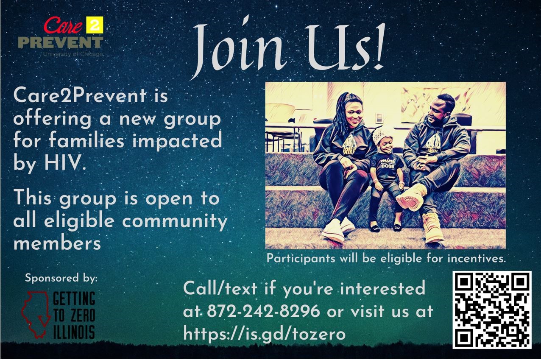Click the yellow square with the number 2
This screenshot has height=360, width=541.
pos(95,25)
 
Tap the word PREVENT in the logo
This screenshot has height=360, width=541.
pos(61,42)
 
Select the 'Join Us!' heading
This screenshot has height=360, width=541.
pos(288,48)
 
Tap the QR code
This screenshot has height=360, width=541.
pos(491,310)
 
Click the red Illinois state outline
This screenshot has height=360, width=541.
pos(35,315)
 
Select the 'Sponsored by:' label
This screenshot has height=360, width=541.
pos(61,278)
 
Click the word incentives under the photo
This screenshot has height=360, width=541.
pos(476,259)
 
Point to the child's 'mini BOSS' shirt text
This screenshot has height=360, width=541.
pos(388,163)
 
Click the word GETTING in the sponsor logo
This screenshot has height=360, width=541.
pos(74,298)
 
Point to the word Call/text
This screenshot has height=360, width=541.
pos(220,288)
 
